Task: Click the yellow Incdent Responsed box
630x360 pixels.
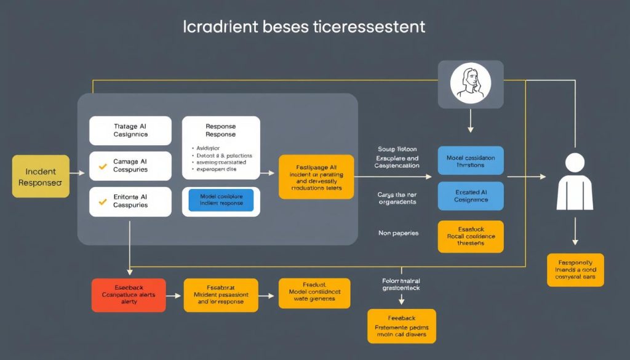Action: click(x=41, y=177)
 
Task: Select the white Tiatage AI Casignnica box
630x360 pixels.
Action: click(x=130, y=130)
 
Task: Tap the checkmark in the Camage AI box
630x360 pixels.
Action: click(x=103, y=166)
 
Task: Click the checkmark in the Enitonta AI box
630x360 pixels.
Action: click(x=103, y=201)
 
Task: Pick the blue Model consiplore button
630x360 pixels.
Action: click(x=221, y=200)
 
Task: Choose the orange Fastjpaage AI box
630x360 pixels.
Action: click(x=316, y=177)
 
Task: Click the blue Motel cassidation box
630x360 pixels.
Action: click(x=470, y=161)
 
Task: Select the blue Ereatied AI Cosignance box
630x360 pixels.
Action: click(x=470, y=196)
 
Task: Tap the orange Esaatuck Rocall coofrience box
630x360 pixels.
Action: click(x=470, y=236)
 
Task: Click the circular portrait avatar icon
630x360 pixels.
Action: click(x=471, y=84)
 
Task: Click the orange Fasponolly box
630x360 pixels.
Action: click(x=575, y=270)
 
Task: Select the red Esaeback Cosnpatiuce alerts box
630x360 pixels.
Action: click(x=129, y=295)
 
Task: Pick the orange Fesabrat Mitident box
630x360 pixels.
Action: click(x=221, y=295)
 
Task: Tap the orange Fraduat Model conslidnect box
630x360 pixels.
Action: click(x=314, y=294)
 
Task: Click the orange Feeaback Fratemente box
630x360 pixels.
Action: click(x=401, y=326)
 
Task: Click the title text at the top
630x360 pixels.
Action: click(x=304, y=28)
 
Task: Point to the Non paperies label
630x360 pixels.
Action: click(x=398, y=233)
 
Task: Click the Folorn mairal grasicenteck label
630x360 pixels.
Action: click(x=401, y=284)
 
